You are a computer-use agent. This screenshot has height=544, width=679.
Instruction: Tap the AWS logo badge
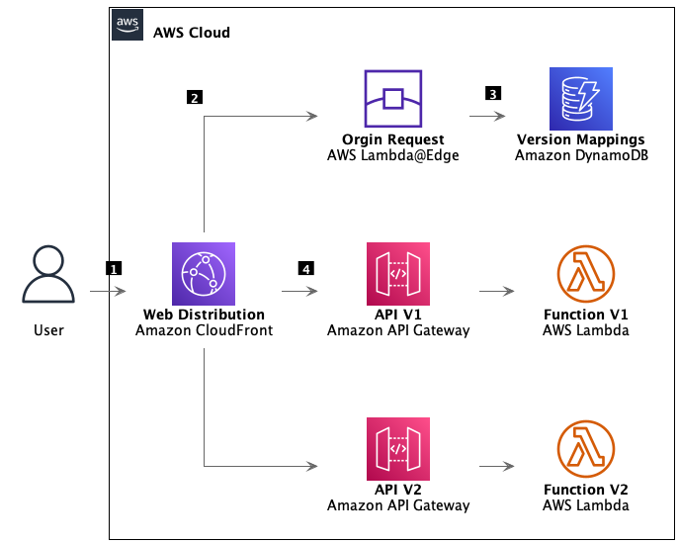(127, 25)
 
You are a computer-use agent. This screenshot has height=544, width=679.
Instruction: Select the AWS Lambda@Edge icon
(392, 98)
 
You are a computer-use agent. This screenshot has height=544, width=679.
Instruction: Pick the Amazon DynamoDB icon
(580, 98)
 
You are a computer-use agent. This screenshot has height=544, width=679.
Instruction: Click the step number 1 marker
(114, 268)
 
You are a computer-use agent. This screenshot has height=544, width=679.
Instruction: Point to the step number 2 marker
(194, 97)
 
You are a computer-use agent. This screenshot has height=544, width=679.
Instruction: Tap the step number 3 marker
(492, 94)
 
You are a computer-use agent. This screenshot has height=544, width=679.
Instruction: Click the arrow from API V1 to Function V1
(496, 292)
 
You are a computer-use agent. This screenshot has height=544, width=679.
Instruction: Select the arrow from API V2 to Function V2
(496, 465)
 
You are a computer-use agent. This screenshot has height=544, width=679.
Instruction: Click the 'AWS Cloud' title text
(192, 33)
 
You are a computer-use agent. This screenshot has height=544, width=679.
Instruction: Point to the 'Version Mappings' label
(580, 139)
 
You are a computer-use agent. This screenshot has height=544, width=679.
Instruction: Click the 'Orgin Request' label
(392, 139)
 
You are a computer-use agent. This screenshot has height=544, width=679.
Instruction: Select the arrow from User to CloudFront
(108, 292)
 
